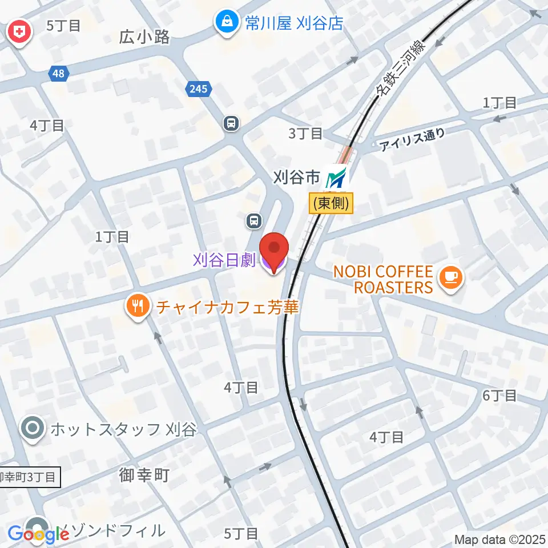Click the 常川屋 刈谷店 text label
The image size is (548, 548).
point(295,23)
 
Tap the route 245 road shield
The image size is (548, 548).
point(199,88)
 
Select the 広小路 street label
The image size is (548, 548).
point(145,38)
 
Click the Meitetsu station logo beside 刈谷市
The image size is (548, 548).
point(336,179)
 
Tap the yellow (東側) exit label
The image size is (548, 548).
point(331,204)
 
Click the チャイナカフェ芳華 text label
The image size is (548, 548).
point(228,308)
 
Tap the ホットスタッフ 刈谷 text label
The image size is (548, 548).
point(123,429)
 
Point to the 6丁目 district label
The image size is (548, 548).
point(499,395)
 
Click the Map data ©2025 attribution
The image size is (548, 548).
point(499,539)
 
